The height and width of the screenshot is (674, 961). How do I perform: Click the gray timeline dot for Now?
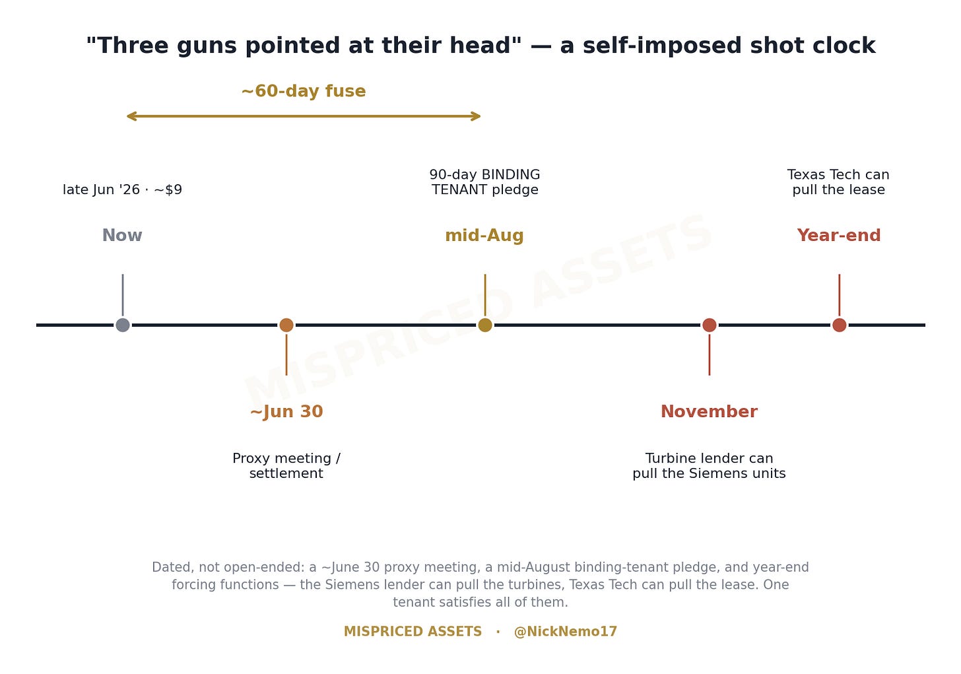point(123,325)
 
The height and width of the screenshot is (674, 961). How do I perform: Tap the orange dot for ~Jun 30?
point(286,325)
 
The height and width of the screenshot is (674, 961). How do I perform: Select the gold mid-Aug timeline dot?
point(485,325)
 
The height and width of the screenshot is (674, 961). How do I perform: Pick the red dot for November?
point(710,325)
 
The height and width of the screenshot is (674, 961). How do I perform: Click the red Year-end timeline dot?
point(840,325)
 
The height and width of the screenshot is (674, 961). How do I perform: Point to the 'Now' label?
point(122,236)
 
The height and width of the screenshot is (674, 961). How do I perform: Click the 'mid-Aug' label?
point(484,236)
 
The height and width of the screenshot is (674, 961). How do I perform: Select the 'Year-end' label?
point(839,236)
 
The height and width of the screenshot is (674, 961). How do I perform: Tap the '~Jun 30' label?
point(286,412)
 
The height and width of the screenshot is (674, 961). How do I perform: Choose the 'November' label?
point(710,412)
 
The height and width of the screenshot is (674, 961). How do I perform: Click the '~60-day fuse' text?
point(304,91)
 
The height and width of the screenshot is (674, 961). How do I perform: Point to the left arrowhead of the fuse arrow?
point(127,116)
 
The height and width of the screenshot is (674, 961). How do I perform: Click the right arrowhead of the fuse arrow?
point(480,116)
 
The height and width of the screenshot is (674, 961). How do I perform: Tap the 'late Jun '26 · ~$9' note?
point(123,189)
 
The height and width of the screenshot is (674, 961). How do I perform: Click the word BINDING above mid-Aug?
point(511,175)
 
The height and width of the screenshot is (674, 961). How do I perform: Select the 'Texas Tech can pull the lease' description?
point(839,182)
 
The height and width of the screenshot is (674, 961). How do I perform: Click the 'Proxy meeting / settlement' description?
point(286,466)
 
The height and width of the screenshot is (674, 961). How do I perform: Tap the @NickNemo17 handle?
point(566,632)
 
